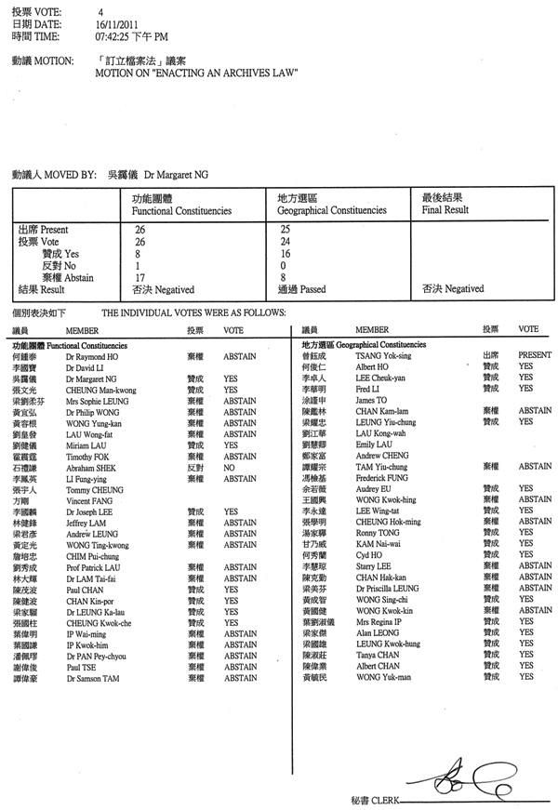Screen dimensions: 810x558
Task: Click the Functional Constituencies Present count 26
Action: click(x=139, y=229)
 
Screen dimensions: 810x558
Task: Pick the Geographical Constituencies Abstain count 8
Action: click(x=283, y=277)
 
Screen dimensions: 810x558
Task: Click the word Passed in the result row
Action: click(x=313, y=289)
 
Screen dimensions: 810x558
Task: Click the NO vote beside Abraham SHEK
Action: click(x=230, y=469)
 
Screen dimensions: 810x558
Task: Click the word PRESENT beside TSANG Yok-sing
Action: click(x=535, y=355)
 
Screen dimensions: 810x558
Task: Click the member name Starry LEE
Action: click(x=375, y=565)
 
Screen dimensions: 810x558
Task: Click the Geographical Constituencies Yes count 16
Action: click(x=285, y=253)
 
